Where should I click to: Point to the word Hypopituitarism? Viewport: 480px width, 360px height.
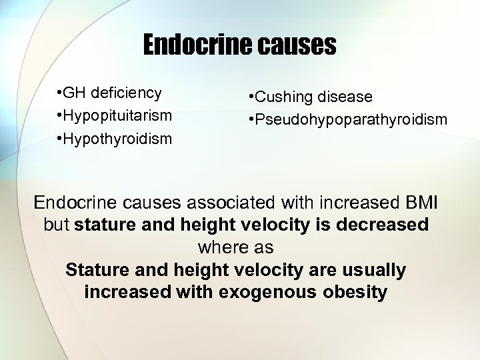click(x=118, y=115)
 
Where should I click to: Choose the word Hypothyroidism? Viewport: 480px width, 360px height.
click(x=118, y=139)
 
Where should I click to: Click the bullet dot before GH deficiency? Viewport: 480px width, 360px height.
click(x=59, y=93)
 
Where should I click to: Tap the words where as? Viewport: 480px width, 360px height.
click(x=235, y=247)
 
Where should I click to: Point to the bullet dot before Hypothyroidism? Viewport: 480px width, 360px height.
click(x=59, y=139)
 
